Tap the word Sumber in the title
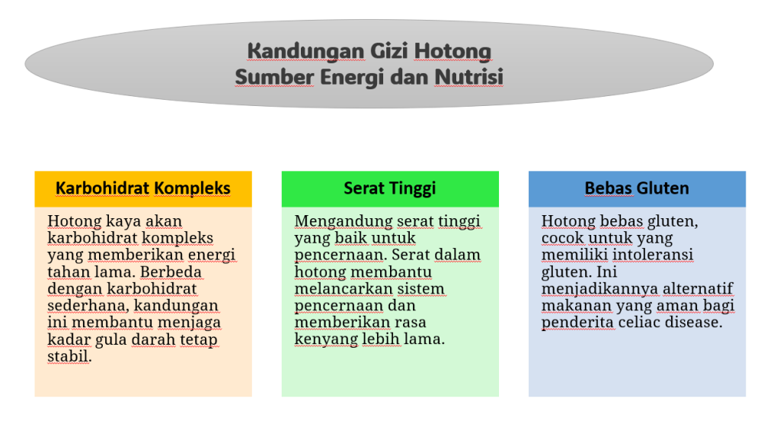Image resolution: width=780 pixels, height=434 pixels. (274, 77)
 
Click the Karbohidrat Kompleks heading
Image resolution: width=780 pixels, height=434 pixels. (142, 188)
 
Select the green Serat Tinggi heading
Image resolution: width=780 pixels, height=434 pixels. (389, 188)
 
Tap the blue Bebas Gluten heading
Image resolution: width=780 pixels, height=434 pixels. (637, 188)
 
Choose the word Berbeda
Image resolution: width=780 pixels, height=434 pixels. (171, 272)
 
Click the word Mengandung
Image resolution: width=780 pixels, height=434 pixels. (344, 221)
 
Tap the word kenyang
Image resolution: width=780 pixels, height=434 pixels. (326, 339)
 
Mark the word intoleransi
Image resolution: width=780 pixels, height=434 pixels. (653, 255)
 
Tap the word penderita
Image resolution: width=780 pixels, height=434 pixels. (577, 323)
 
